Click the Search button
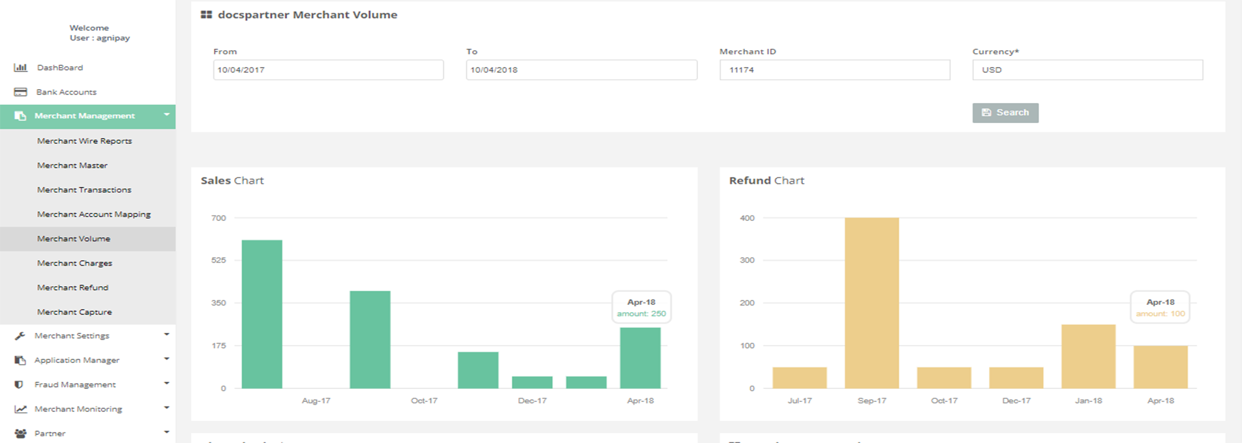pyautogui.click(x=1005, y=113)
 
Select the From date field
pyautogui.click(x=328, y=70)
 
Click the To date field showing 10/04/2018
pyautogui.click(x=581, y=70)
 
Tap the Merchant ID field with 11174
pyautogui.click(x=834, y=70)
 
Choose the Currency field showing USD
pyautogui.click(x=1087, y=70)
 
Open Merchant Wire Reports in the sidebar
pyautogui.click(x=84, y=141)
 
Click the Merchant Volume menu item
pyautogui.click(x=74, y=239)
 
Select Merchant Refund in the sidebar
pyautogui.click(x=73, y=288)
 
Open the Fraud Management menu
pyautogui.click(x=75, y=385)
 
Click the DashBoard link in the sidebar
pyautogui.click(x=60, y=68)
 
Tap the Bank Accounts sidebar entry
pyautogui.click(x=67, y=93)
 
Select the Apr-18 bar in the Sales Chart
pyautogui.click(x=640, y=358)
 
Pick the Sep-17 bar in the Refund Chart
pyautogui.click(x=871, y=303)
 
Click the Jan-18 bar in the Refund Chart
pyautogui.click(x=1088, y=356)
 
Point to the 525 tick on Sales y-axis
pyautogui.click(x=219, y=261)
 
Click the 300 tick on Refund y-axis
pyautogui.click(x=747, y=261)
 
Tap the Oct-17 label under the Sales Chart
pyautogui.click(x=424, y=401)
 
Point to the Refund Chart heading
pyautogui.click(x=766, y=180)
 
